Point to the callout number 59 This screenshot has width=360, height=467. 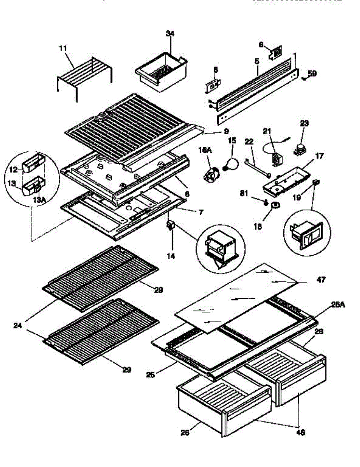[x=312, y=73]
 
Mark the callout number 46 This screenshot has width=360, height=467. [x=300, y=432]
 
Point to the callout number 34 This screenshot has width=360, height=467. [x=170, y=33]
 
